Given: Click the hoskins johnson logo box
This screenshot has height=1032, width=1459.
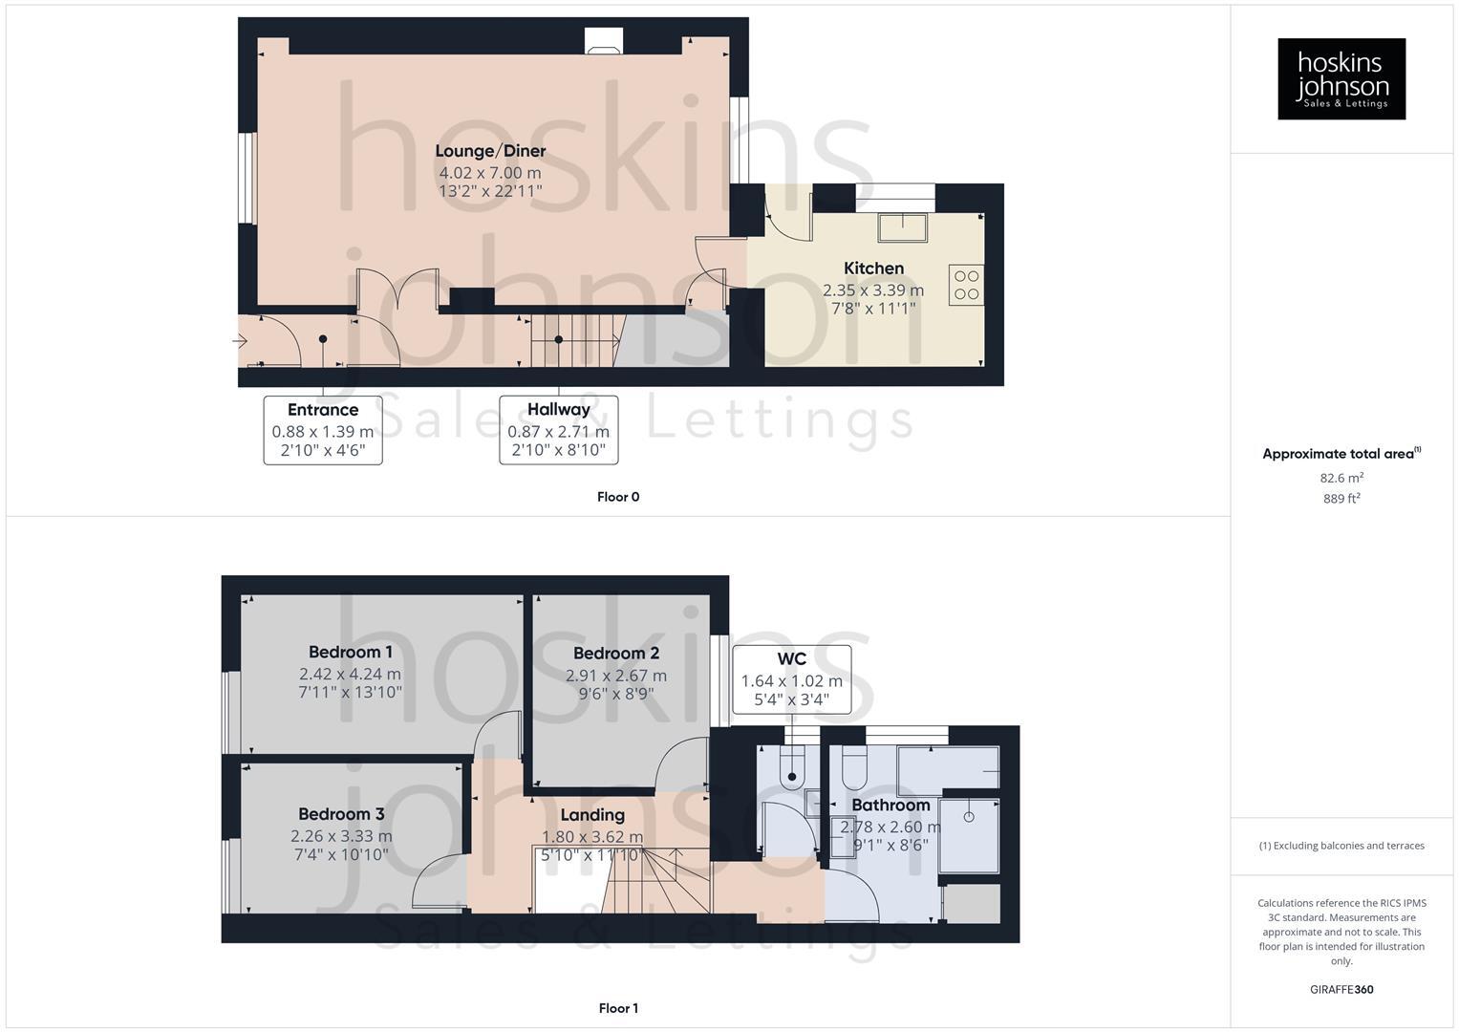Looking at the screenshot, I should pos(1341,78).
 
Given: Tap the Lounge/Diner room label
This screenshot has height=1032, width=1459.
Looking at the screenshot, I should pos(490,151).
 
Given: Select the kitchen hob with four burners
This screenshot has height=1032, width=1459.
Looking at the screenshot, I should pos(966,285).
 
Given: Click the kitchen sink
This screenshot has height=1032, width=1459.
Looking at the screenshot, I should pos(904,226).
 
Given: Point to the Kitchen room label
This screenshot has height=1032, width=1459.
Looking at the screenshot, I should pos(873,269).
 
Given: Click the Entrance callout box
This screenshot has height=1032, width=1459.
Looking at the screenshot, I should pos(323,430).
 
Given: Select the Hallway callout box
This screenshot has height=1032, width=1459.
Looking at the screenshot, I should pos(559,430).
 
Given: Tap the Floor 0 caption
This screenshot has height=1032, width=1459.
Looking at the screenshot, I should pos(618,497).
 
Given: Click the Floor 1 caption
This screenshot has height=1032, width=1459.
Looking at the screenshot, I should pos(618,1008).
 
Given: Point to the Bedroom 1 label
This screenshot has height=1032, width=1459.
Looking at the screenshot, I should pos(351,653).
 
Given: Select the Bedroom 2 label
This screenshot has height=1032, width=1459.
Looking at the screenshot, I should pos(616,654).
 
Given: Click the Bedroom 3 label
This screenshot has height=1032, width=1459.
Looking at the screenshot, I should pos(341,814).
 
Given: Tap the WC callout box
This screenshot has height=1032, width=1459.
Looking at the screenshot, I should pos(791,679).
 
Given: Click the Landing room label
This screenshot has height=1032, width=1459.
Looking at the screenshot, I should pos(592,815).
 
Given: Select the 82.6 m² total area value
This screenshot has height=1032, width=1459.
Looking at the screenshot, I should pos(1341,478).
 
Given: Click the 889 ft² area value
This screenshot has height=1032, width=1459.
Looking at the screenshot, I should pos(1341,499).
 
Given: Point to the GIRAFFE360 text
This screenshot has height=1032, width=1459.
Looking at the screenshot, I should pos(1341,990).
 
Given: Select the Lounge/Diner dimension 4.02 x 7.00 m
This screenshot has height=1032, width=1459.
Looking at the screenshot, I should pos(490,173).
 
